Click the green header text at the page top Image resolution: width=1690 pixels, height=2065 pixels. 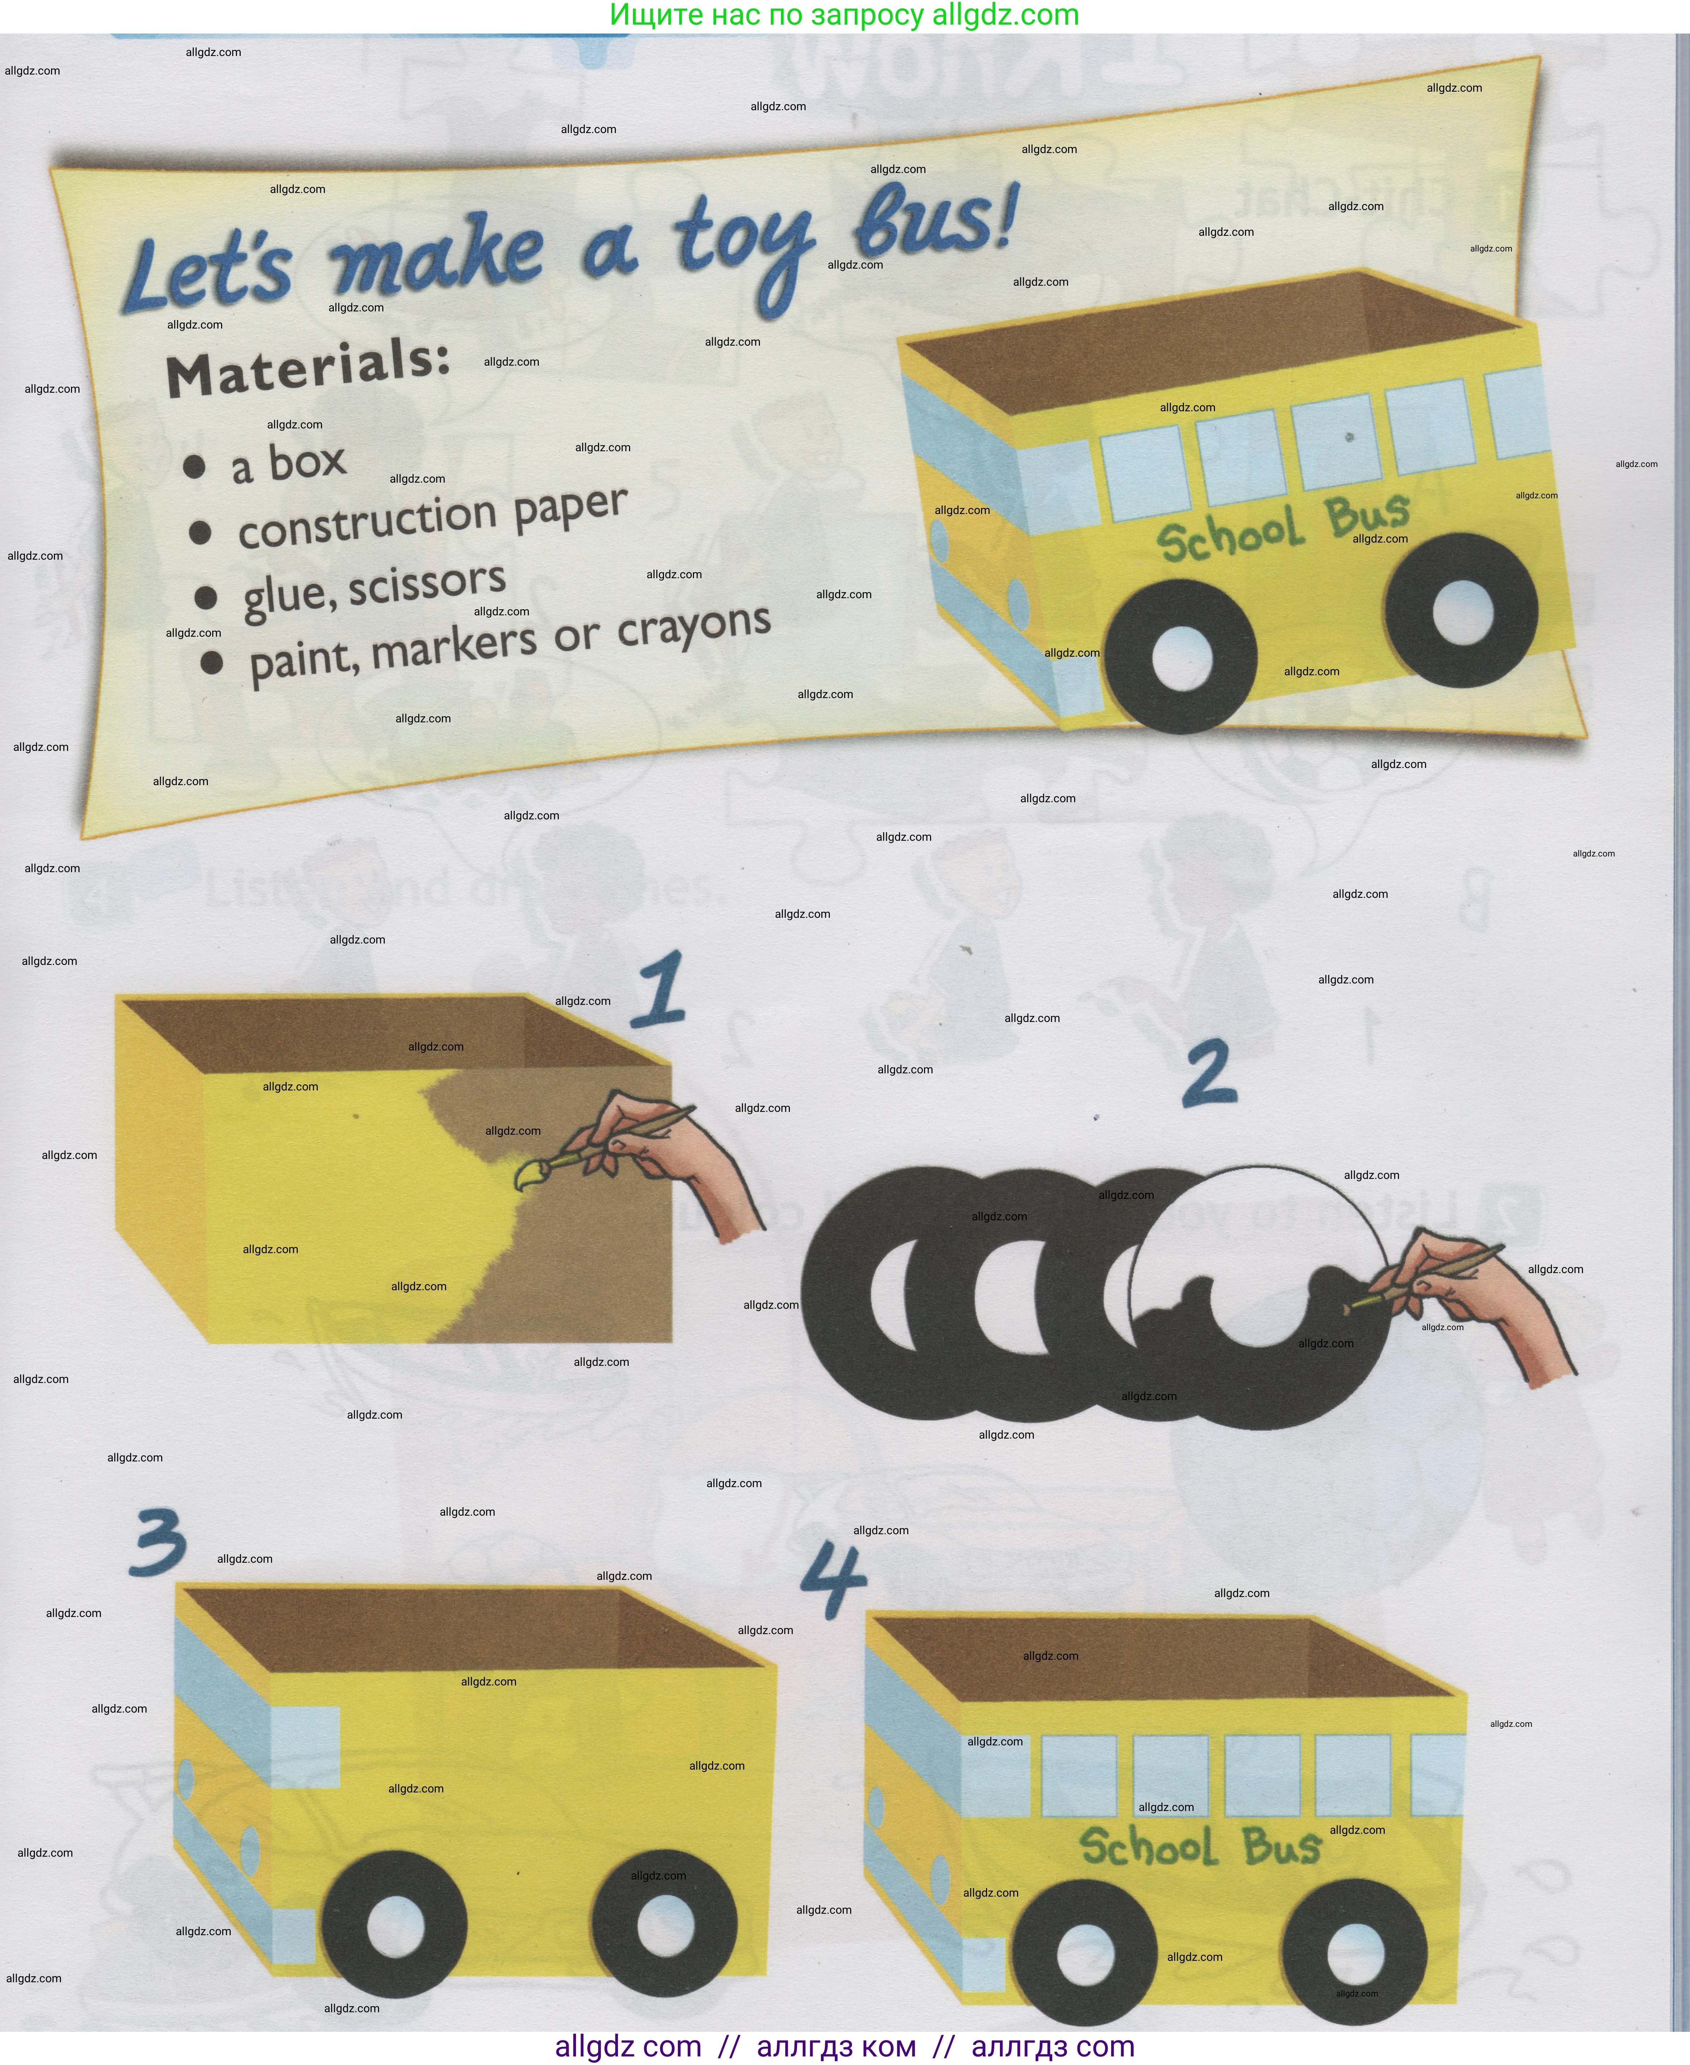(844, 16)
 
